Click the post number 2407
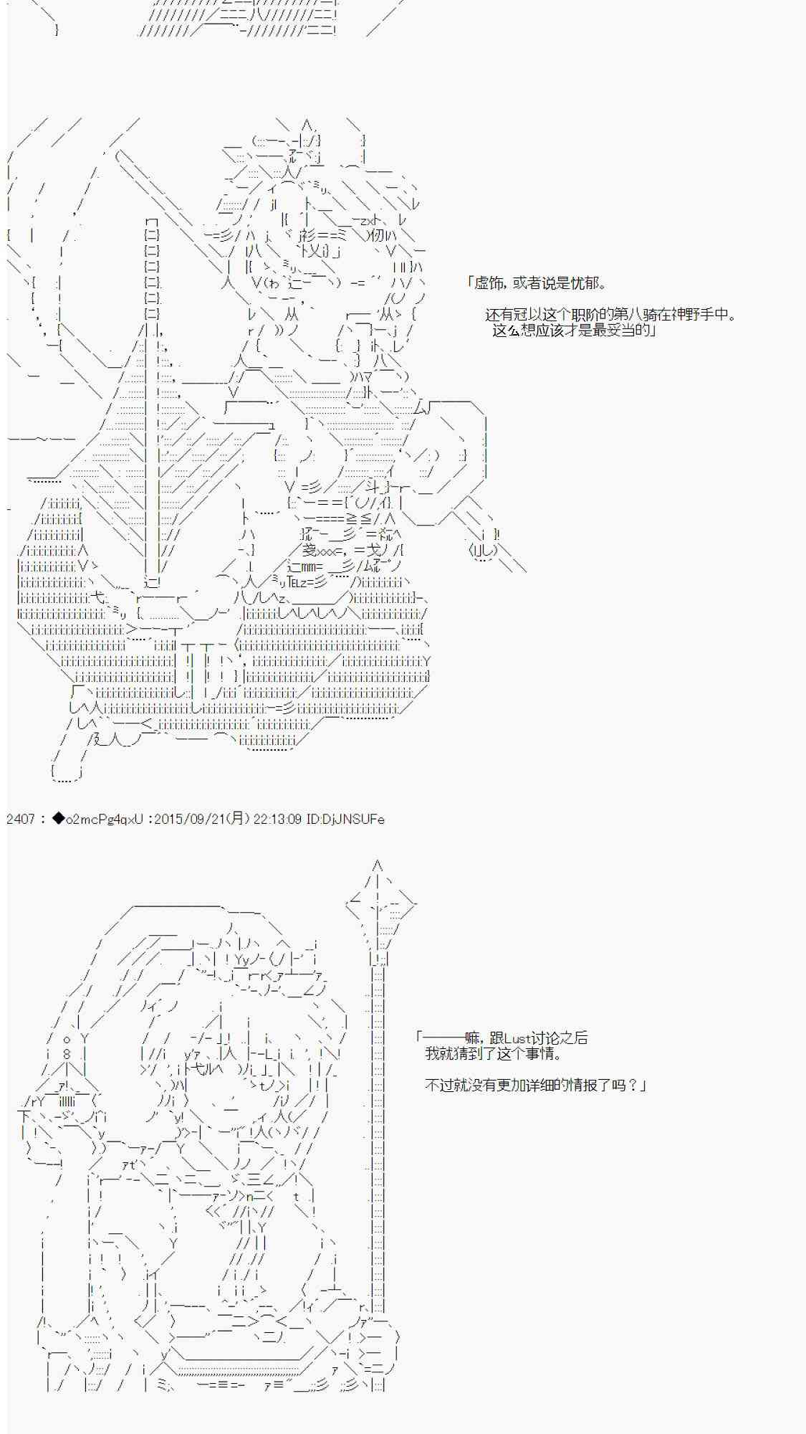pyautogui.click(x=20, y=819)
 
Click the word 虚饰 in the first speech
pyautogui.click(x=489, y=283)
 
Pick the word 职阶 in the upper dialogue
pyautogui.click(x=595, y=315)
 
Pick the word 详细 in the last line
pyautogui.click(x=532, y=1086)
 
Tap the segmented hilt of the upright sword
pyautogui.click(x=152, y=265)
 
